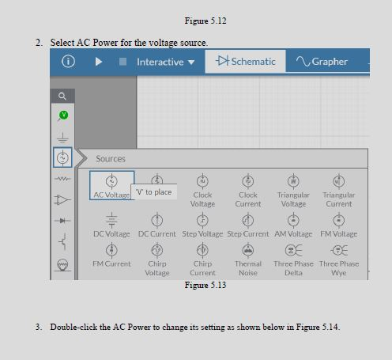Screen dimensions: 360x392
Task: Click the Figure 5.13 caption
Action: (205, 285)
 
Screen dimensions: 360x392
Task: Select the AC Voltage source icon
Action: (111, 181)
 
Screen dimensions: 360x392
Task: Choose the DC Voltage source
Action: (111, 220)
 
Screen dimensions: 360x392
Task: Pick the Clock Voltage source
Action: (202, 181)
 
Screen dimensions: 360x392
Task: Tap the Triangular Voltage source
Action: (293, 181)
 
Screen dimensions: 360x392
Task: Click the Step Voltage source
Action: (202, 220)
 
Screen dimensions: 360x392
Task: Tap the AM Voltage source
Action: (293, 220)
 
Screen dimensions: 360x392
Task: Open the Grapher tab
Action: (322, 62)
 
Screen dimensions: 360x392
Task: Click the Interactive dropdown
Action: (165, 62)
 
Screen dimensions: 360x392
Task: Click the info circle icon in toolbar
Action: (69, 62)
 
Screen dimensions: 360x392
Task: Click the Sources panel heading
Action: (111, 159)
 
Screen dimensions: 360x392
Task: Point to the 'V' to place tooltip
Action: (153, 192)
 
